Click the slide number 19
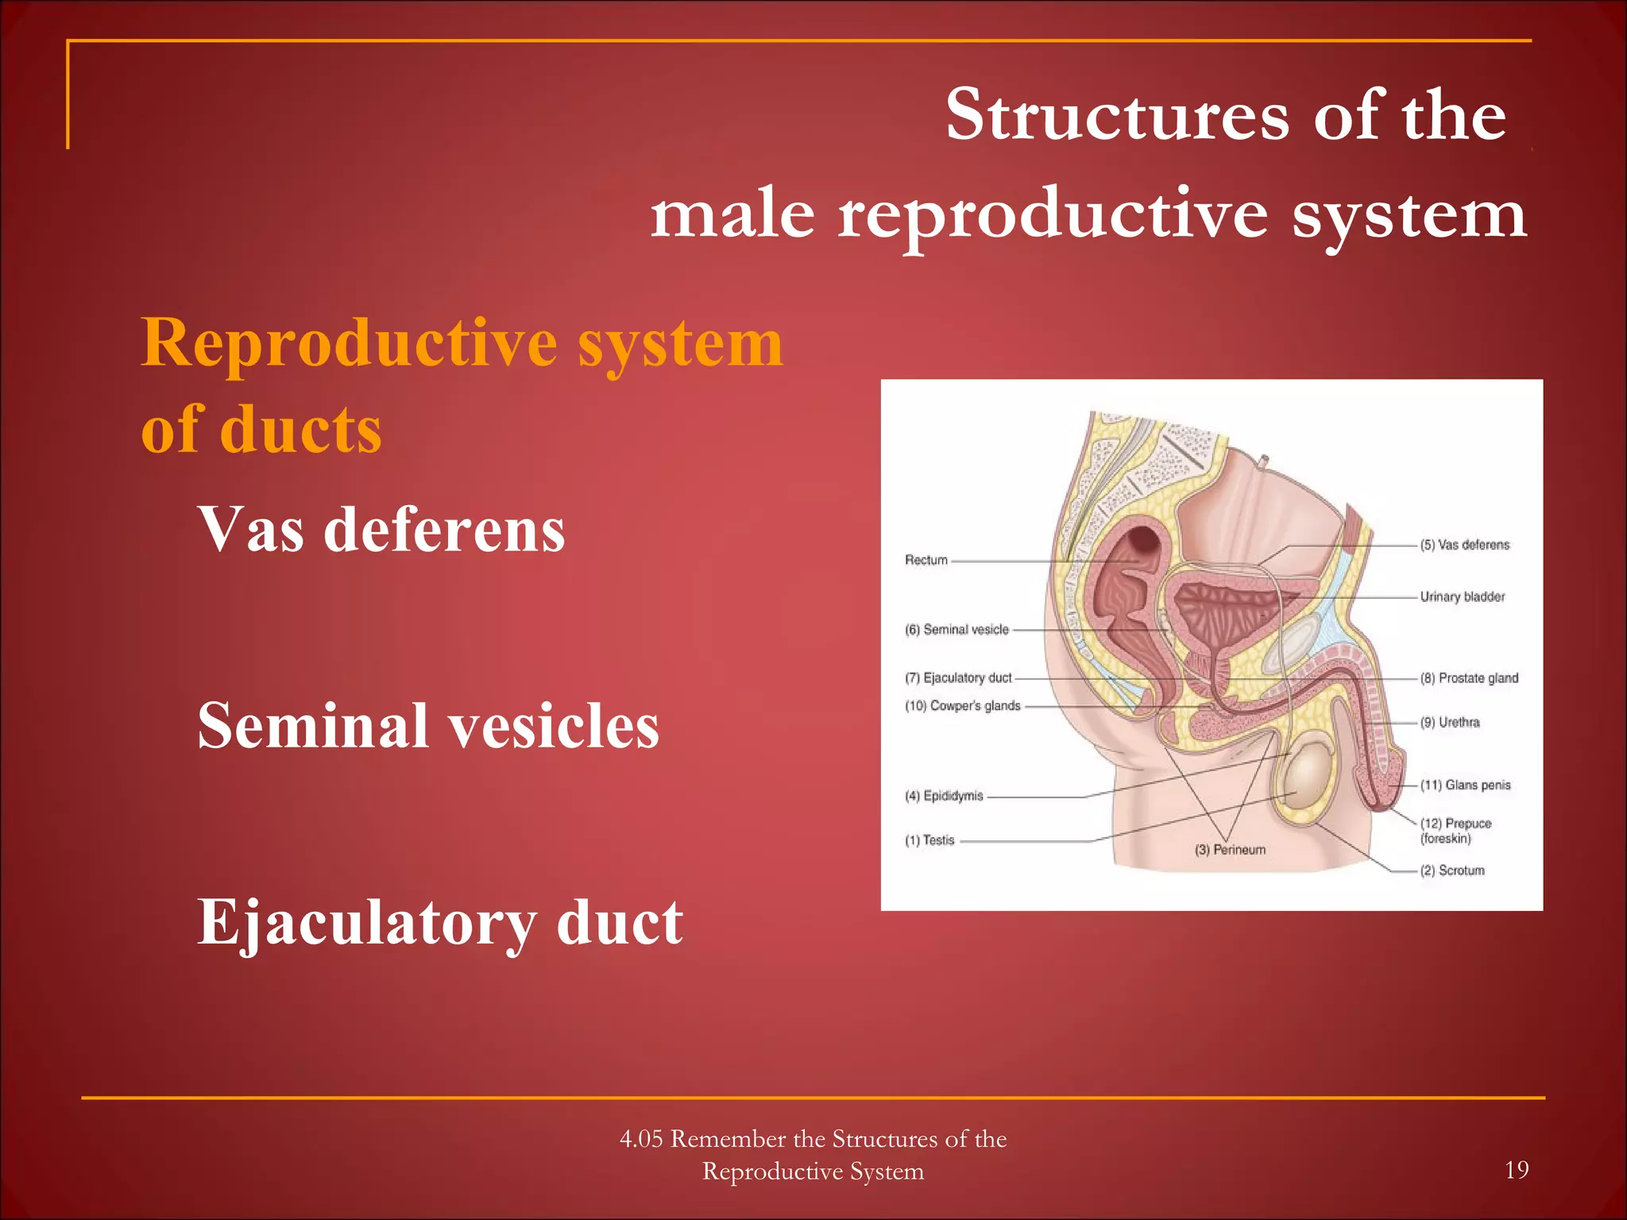coord(1516,1169)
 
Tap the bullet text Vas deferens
coord(381,530)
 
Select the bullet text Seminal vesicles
coord(428,725)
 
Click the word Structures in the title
coord(1116,116)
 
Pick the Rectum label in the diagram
coord(926,560)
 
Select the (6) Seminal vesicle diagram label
coord(956,629)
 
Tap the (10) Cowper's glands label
coord(962,705)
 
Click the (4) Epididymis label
coord(944,795)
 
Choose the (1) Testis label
coord(929,840)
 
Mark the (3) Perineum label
coord(1230,850)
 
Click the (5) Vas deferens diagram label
coord(1464,545)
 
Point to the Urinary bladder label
coord(1462,596)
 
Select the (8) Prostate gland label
coord(1469,678)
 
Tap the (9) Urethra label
coord(1450,722)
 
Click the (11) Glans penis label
coord(1465,785)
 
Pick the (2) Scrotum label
coord(1452,871)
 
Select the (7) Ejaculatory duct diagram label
coord(958,678)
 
